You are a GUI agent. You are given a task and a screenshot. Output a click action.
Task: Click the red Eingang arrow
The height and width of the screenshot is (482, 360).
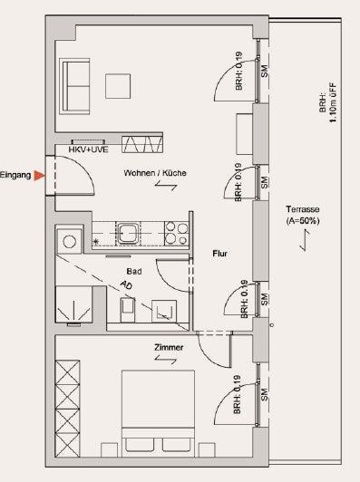click(39, 176)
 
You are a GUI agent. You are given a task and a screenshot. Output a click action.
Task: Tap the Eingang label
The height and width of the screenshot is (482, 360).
click(15, 176)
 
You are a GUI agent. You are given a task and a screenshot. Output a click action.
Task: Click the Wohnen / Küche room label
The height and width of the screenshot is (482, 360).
click(155, 173)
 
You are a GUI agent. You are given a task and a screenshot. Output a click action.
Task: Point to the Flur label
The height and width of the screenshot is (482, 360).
click(220, 254)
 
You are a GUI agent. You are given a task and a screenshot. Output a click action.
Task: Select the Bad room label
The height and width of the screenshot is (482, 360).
click(134, 272)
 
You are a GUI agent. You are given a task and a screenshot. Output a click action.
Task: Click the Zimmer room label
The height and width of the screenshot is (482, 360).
click(169, 347)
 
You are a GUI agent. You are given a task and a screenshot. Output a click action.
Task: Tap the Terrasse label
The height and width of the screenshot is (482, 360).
click(303, 209)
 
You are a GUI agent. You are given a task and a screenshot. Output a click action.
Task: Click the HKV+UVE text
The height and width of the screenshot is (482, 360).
click(88, 149)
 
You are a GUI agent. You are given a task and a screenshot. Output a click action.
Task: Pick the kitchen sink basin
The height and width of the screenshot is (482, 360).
click(128, 234)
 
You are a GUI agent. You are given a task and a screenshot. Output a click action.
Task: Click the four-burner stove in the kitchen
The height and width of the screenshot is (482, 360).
click(176, 234)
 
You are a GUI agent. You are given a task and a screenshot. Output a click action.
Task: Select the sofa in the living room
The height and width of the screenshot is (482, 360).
click(74, 86)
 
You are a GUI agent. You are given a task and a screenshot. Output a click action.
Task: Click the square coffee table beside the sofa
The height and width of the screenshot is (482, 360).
click(118, 86)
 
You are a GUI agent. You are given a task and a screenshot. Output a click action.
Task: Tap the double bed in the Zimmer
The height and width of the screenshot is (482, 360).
click(158, 413)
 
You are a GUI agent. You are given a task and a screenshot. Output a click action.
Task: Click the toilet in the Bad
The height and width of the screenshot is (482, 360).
click(127, 310)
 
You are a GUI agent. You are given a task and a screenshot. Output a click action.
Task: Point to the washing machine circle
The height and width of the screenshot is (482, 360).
click(70, 241)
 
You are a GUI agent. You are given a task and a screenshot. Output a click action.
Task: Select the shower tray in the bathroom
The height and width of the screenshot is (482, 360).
click(73, 304)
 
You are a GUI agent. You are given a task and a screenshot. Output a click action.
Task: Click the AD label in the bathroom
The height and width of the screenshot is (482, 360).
click(126, 285)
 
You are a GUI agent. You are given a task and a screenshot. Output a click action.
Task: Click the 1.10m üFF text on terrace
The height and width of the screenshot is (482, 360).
click(333, 102)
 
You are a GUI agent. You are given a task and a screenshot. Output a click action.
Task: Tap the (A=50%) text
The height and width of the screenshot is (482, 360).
click(303, 221)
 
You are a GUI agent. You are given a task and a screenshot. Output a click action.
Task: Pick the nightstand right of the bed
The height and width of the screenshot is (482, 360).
click(207, 450)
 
